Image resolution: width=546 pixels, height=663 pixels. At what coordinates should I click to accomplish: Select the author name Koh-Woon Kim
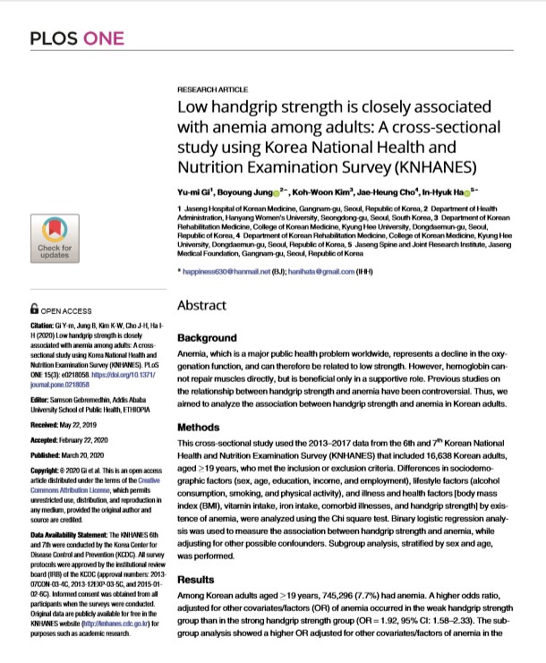click(316, 191)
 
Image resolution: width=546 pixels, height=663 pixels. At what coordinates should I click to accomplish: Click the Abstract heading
click(203, 305)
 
